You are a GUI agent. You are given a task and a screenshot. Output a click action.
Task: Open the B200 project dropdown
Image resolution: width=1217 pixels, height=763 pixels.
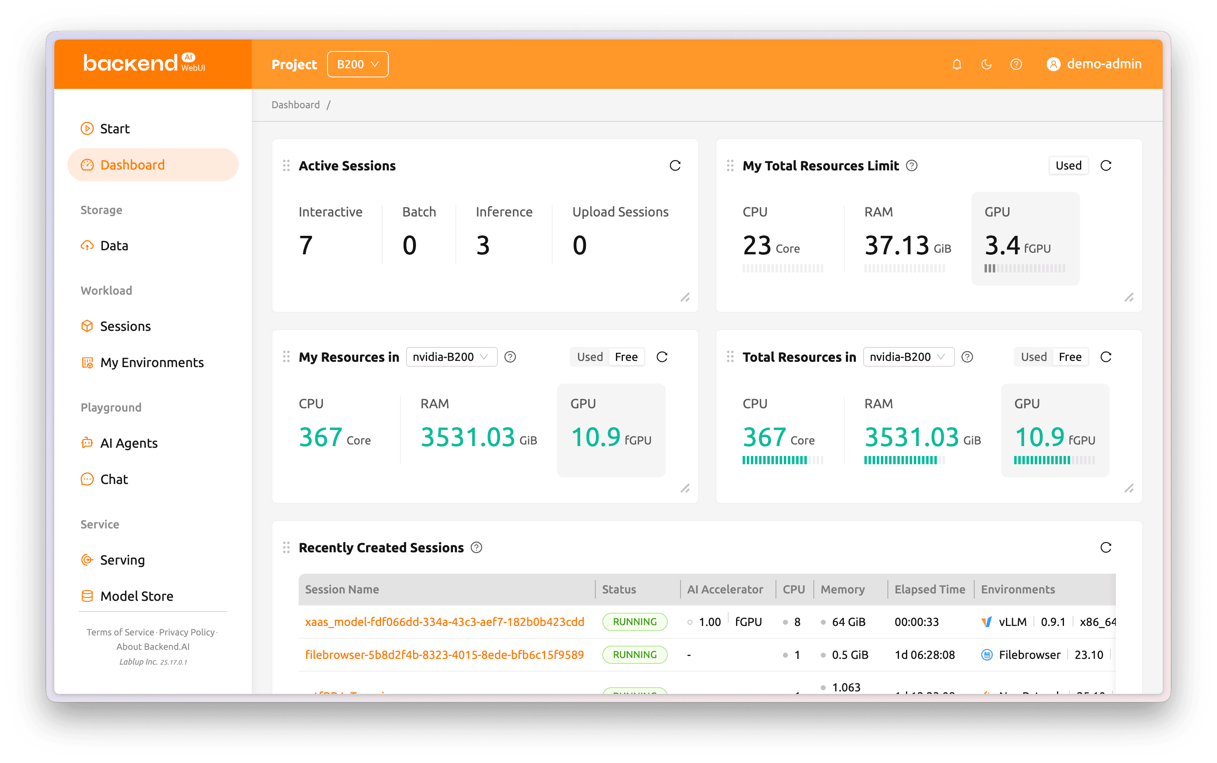click(357, 64)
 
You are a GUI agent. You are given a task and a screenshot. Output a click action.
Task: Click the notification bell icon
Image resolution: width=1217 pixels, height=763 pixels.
click(956, 64)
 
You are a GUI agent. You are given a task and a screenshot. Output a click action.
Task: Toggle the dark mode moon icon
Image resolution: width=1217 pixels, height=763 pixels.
click(986, 64)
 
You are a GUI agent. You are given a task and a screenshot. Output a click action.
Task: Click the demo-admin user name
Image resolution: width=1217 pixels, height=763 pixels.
click(1103, 64)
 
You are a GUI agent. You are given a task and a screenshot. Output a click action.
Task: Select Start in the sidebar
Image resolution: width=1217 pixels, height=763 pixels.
click(114, 129)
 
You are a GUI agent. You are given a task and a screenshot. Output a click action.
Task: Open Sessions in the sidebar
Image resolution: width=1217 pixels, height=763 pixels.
click(125, 326)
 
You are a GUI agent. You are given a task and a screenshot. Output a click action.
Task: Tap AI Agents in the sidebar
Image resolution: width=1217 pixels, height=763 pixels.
click(129, 443)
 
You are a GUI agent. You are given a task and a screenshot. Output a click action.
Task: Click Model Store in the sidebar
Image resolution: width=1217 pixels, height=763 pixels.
click(136, 596)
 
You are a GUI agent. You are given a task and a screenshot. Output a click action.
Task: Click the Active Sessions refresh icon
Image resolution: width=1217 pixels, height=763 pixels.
click(675, 165)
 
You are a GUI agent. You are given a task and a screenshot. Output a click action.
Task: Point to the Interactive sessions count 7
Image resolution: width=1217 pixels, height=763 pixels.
click(306, 245)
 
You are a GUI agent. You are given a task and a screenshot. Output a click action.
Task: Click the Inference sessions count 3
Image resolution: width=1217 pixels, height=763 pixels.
click(483, 245)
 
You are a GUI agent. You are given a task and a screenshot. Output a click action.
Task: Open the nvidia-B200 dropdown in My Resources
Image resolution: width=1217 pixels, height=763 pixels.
click(451, 357)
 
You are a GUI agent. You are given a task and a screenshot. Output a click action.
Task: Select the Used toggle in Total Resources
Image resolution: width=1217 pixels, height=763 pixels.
click(1034, 357)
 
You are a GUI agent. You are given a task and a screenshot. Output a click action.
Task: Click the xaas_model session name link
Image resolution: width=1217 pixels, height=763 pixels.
click(444, 622)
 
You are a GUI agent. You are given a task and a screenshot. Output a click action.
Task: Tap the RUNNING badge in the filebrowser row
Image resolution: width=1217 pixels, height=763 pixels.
click(634, 654)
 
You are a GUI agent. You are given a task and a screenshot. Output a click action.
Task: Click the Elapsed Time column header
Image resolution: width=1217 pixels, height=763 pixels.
click(929, 589)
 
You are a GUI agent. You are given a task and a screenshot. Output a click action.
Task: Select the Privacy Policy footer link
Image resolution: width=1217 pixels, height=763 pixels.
click(187, 632)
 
